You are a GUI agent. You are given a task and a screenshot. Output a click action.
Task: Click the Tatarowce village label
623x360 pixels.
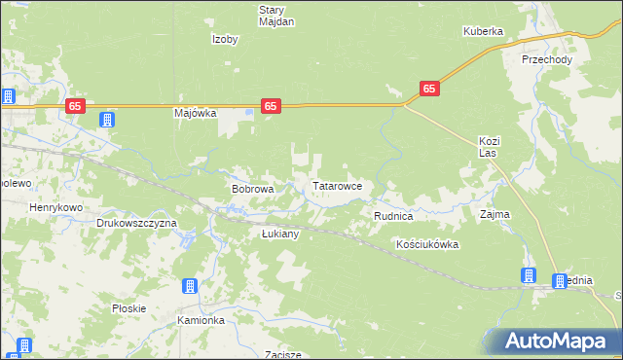pos(337,185)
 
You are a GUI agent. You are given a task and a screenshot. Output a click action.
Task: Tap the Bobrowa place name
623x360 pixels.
pos(251,189)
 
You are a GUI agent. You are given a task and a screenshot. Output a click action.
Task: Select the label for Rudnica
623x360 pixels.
pos(394,214)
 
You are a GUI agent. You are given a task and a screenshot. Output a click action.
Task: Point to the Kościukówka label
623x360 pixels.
pos(427,244)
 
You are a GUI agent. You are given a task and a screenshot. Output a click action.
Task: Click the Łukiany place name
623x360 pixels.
pos(280,234)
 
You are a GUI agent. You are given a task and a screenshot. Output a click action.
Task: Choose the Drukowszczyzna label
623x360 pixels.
pos(136,223)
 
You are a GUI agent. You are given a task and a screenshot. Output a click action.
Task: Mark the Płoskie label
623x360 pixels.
pos(128,308)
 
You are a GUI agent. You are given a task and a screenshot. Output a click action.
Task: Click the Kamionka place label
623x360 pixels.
pos(202,320)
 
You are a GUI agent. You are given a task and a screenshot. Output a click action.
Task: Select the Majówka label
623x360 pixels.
pos(194,113)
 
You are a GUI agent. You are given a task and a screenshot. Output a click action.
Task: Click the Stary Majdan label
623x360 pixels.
pos(276,16)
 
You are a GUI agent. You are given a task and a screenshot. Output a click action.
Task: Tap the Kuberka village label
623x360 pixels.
pos(482,31)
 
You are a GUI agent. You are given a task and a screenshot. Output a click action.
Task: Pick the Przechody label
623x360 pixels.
pos(546,59)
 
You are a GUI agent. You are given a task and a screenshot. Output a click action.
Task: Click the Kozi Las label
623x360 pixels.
pos(489,148)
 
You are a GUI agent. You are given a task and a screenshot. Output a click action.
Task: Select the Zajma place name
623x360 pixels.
pos(495,213)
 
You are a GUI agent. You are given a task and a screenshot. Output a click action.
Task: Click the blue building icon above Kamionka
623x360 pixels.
pos(190,286)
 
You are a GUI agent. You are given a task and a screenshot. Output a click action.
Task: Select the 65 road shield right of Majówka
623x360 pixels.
pos(272,106)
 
